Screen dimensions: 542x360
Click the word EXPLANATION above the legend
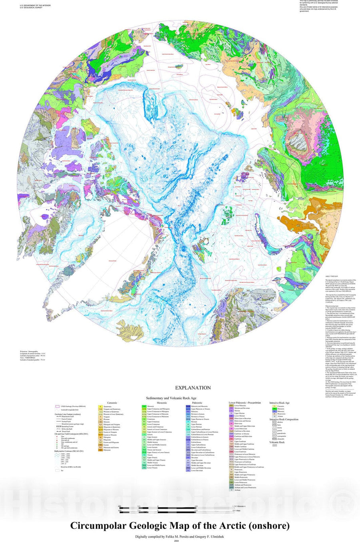point(193,388)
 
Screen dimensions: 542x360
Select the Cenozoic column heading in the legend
point(112,403)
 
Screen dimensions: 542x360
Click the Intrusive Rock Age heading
point(280,403)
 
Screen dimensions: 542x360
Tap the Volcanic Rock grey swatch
point(274,445)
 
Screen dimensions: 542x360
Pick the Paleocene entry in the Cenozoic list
point(100,450)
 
